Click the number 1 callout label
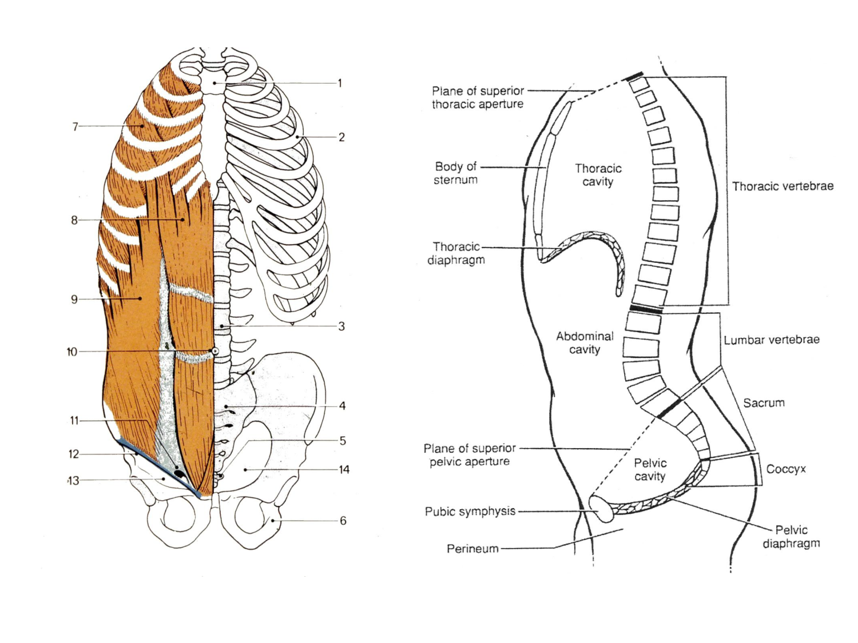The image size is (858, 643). (340, 83)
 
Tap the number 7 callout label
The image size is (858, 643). (75, 126)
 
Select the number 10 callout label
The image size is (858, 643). (72, 352)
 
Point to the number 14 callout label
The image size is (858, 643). (344, 469)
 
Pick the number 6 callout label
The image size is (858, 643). (343, 521)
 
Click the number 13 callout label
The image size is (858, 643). (73, 481)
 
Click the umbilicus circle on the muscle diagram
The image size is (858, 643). (215, 351)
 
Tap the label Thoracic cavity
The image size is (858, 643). (598, 175)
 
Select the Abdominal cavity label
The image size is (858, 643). (585, 343)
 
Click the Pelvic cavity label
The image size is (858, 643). (650, 470)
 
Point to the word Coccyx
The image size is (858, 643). (786, 469)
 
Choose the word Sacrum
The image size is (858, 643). (764, 403)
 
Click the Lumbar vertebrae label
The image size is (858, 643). (771, 340)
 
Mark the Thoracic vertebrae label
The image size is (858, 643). (782, 186)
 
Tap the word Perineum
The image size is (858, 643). (472, 549)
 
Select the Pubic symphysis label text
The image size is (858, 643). (470, 512)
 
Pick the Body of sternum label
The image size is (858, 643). (455, 173)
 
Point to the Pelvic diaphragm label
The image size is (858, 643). (791, 537)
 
